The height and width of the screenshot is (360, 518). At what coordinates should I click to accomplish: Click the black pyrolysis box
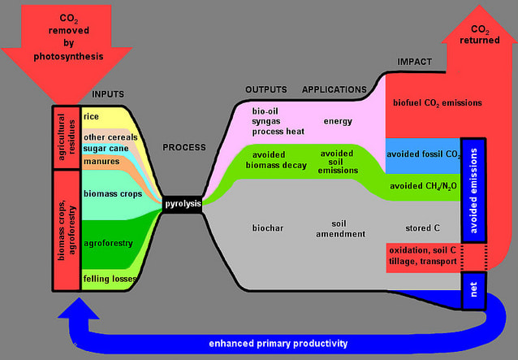tap(181, 203)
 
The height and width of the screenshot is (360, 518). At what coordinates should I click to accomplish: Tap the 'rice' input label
tap(91, 117)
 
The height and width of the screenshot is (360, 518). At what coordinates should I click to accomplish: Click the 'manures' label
tap(101, 162)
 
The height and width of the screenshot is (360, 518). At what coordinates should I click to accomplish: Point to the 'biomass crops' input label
tap(113, 193)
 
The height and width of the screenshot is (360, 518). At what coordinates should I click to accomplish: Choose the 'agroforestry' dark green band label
tap(108, 241)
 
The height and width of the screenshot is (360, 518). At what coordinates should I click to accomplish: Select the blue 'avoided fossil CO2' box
tap(422, 154)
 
